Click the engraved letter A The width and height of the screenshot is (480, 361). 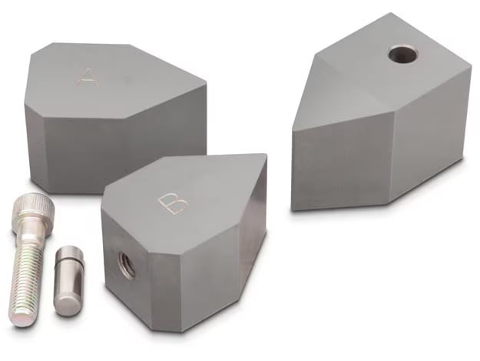[x=88, y=78]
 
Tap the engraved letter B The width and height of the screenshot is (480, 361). [x=172, y=203]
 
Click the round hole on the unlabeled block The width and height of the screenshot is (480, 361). [x=403, y=55]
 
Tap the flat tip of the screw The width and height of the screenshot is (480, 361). [x=20, y=318]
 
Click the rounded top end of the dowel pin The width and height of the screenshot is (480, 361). [x=71, y=251]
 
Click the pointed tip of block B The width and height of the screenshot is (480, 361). [x=264, y=155]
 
